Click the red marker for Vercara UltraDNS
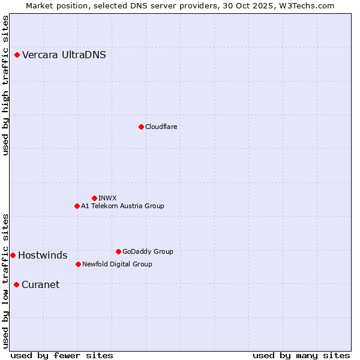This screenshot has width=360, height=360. [17, 55]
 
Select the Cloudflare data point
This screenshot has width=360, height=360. [141, 127]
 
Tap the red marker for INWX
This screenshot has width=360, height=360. [94, 198]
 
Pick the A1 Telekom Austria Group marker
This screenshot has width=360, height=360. [77, 206]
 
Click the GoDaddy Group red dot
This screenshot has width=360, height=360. [118, 251]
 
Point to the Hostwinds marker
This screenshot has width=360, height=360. [13, 255]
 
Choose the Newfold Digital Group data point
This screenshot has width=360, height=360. [78, 264]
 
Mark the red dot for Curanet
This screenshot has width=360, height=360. [16, 284]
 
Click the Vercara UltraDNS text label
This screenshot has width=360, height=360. [64, 55]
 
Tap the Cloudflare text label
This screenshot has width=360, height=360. [161, 127]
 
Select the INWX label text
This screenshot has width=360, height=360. [107, 198]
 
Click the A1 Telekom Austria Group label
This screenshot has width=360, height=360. [122, 206]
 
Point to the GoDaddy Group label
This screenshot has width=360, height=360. [148, 251]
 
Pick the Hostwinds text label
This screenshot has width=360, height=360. [43, 256]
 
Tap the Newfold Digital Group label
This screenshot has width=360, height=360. [117, 264]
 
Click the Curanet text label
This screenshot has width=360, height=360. [40, 285]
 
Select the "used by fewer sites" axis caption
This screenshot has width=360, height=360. [62, 355]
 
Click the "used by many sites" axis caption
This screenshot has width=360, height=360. [301, 355]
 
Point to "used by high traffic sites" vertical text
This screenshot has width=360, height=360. [5, 85]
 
